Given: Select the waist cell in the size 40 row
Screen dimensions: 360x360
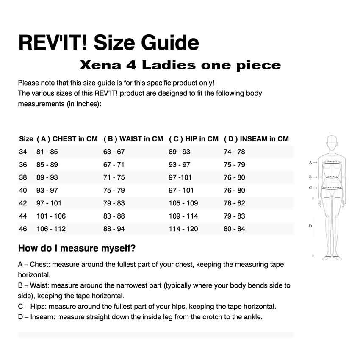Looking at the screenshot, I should (114, 190).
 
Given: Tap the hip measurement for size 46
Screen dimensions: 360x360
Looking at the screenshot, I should (183, 229).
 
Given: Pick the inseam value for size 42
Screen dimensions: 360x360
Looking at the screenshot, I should (234, 203).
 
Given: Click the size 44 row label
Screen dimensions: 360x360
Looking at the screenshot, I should (23, 216).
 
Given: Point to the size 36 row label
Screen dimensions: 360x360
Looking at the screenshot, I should (23, 164).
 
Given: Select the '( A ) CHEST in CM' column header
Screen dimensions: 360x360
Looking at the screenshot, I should (67, 139).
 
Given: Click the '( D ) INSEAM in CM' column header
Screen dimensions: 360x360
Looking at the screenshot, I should (256, 139).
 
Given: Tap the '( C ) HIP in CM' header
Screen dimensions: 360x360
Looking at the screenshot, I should (194, 139).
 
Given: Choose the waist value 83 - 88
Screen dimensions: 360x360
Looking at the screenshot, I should (114, 216).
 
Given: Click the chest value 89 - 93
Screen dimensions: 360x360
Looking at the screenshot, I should (47, 177).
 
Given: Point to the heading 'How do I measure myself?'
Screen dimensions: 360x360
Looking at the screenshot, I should (77, 248).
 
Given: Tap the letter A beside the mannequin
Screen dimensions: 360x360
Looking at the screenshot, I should (310, 163).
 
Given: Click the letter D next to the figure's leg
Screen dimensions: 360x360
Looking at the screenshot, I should (310, 226).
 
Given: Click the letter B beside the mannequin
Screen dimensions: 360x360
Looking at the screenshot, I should (310, 177).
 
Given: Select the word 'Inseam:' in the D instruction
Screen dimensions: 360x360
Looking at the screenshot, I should (42, 317).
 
